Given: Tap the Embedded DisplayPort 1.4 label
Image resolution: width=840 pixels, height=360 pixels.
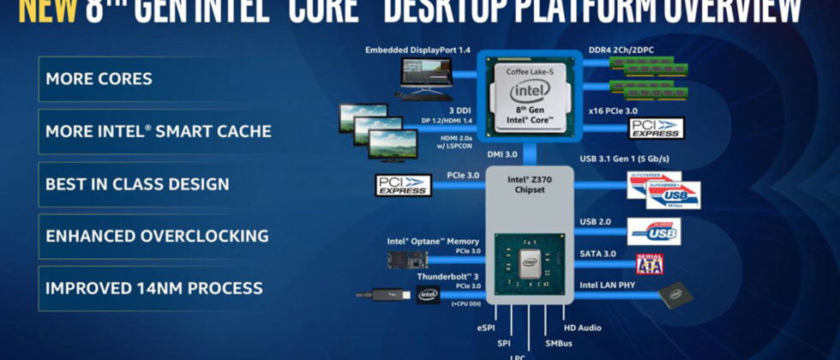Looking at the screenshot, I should pyautogui.click(x=417, y=51).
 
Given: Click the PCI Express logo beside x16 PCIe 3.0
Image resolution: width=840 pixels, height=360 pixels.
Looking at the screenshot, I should pyautogui.click(x=655, y=129).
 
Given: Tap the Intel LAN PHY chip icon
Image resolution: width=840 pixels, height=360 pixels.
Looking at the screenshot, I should pyautogui.click(x=675, y=297).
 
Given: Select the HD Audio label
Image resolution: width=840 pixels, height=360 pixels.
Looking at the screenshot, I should pyautogui.click(x=582, y=327).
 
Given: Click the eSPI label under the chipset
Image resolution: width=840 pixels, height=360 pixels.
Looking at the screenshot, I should pyautogui.click(x=485, y=327).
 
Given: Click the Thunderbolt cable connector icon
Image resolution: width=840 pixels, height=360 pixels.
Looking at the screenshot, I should pyautogui.click(x=381, y=296).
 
